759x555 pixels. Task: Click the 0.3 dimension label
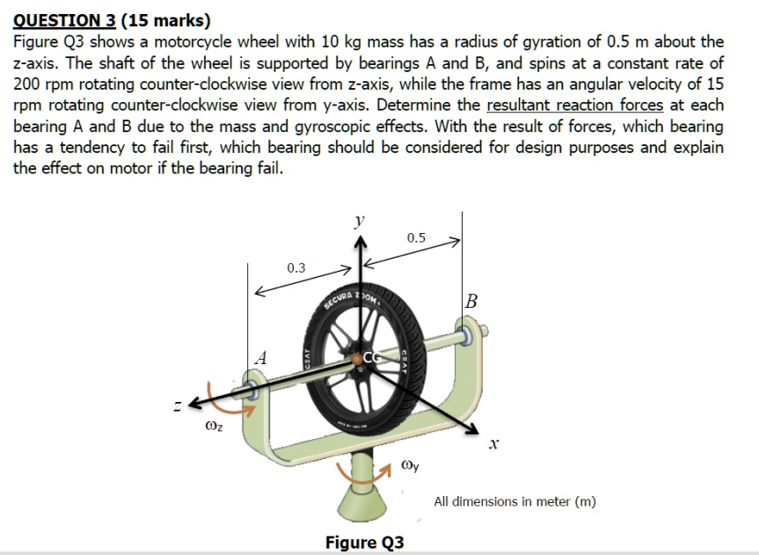tap(296, 267)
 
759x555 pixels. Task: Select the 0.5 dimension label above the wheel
tap(416, 238)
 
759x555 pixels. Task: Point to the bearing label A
tap(259, 358)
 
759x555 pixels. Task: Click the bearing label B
tap(472, 302)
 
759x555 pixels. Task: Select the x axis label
tap(494, 447)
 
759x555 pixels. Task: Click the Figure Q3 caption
tap(364, 542)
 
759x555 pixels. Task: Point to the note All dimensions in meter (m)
tap(515, 501)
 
